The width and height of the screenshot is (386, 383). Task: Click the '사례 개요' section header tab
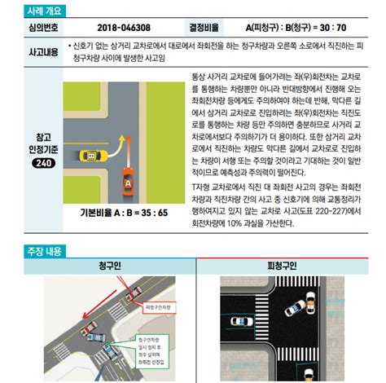(33, 11)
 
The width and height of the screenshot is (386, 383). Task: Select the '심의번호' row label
(33, 27)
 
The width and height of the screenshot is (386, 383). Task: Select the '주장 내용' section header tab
(33, 252)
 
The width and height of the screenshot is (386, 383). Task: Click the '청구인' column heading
(109, 266)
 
